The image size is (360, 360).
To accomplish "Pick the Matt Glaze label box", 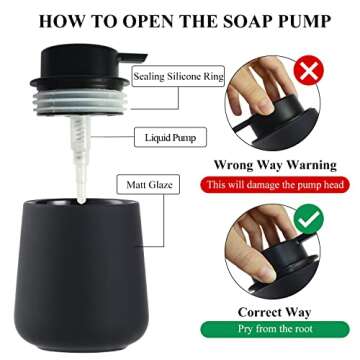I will click(x=147, y=185).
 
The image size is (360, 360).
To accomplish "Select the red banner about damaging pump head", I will click(x=280, y=185).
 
